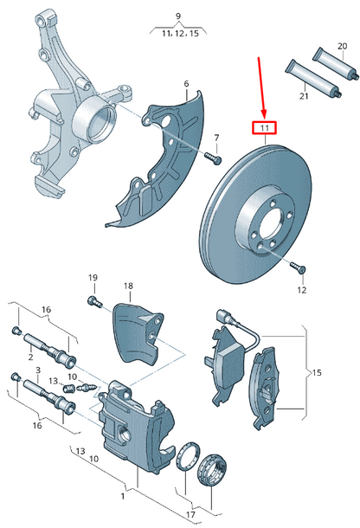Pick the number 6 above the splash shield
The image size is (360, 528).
185,84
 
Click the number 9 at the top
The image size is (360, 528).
178,16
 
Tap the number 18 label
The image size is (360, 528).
128,286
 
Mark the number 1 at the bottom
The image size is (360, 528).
123,496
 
